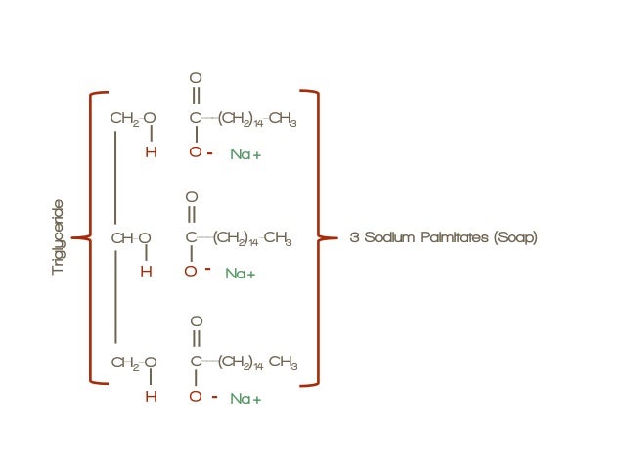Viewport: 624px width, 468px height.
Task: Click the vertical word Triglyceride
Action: [58, 237]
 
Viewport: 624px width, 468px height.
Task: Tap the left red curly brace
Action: [92, 237]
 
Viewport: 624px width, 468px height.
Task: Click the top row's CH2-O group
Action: [133, 119]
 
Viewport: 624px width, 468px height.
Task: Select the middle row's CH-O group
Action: [131, 237]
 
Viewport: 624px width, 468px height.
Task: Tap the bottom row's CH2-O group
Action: [133, 363]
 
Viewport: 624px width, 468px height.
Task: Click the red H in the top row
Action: [151, 152]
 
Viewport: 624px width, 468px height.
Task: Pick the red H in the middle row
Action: [146, 272]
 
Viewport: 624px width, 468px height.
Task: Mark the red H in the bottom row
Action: [151, 397]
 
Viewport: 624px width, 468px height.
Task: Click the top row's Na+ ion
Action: [245, 154]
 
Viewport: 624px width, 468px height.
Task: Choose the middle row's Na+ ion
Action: [241, 274]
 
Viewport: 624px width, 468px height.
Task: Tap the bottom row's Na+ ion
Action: [245, 399]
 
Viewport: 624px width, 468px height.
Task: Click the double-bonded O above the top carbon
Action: [195, 77]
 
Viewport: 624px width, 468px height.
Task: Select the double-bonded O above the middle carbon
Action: [191, 198]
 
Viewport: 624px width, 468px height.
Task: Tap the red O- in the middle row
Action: [197, 271]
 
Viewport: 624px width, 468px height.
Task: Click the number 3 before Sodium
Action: [354, 237]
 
